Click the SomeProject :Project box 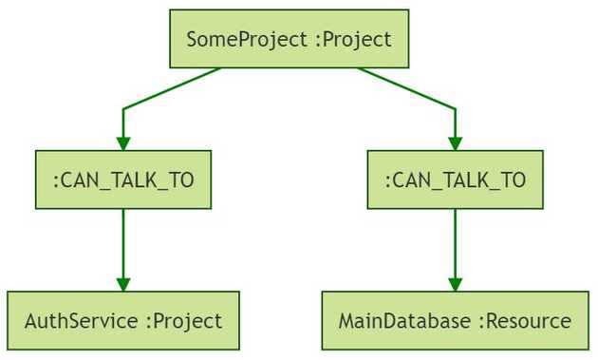click(290, 39)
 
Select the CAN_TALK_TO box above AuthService click(123, 180)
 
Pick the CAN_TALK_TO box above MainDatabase click(456, 180)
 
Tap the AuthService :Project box click(123, 321)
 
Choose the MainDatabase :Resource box click(456, 321)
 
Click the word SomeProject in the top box click(247, 39)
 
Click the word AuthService click(81, 321)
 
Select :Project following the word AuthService click(183, 321)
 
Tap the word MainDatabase click(405, 321)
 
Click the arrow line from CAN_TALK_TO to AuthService click(123, 242)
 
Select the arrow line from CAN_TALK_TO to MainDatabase click(456, 242)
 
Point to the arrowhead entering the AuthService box click(123, 284)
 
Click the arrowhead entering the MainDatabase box click(456, 284)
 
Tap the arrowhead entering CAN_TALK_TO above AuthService click(123, 142)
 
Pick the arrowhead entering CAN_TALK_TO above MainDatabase click(456, 142)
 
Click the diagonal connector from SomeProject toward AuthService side click(171, 89)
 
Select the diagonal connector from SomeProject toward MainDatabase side click(408, 89)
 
